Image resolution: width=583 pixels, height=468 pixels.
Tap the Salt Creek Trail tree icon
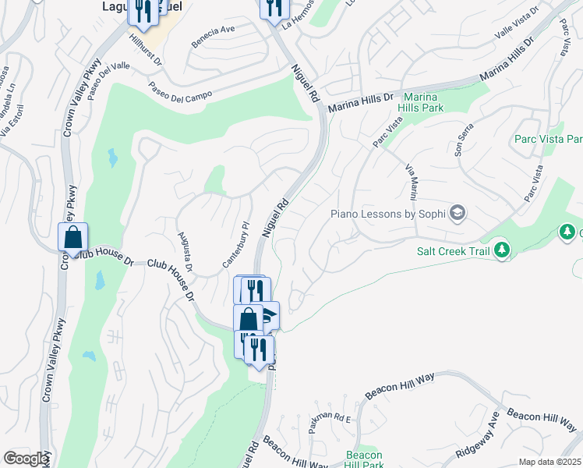coord(503,250)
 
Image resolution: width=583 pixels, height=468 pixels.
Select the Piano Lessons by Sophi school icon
coord(458,213)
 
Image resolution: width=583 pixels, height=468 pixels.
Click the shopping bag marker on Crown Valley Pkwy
coord(72,237)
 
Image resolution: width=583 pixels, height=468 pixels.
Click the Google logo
coord(26,459)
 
